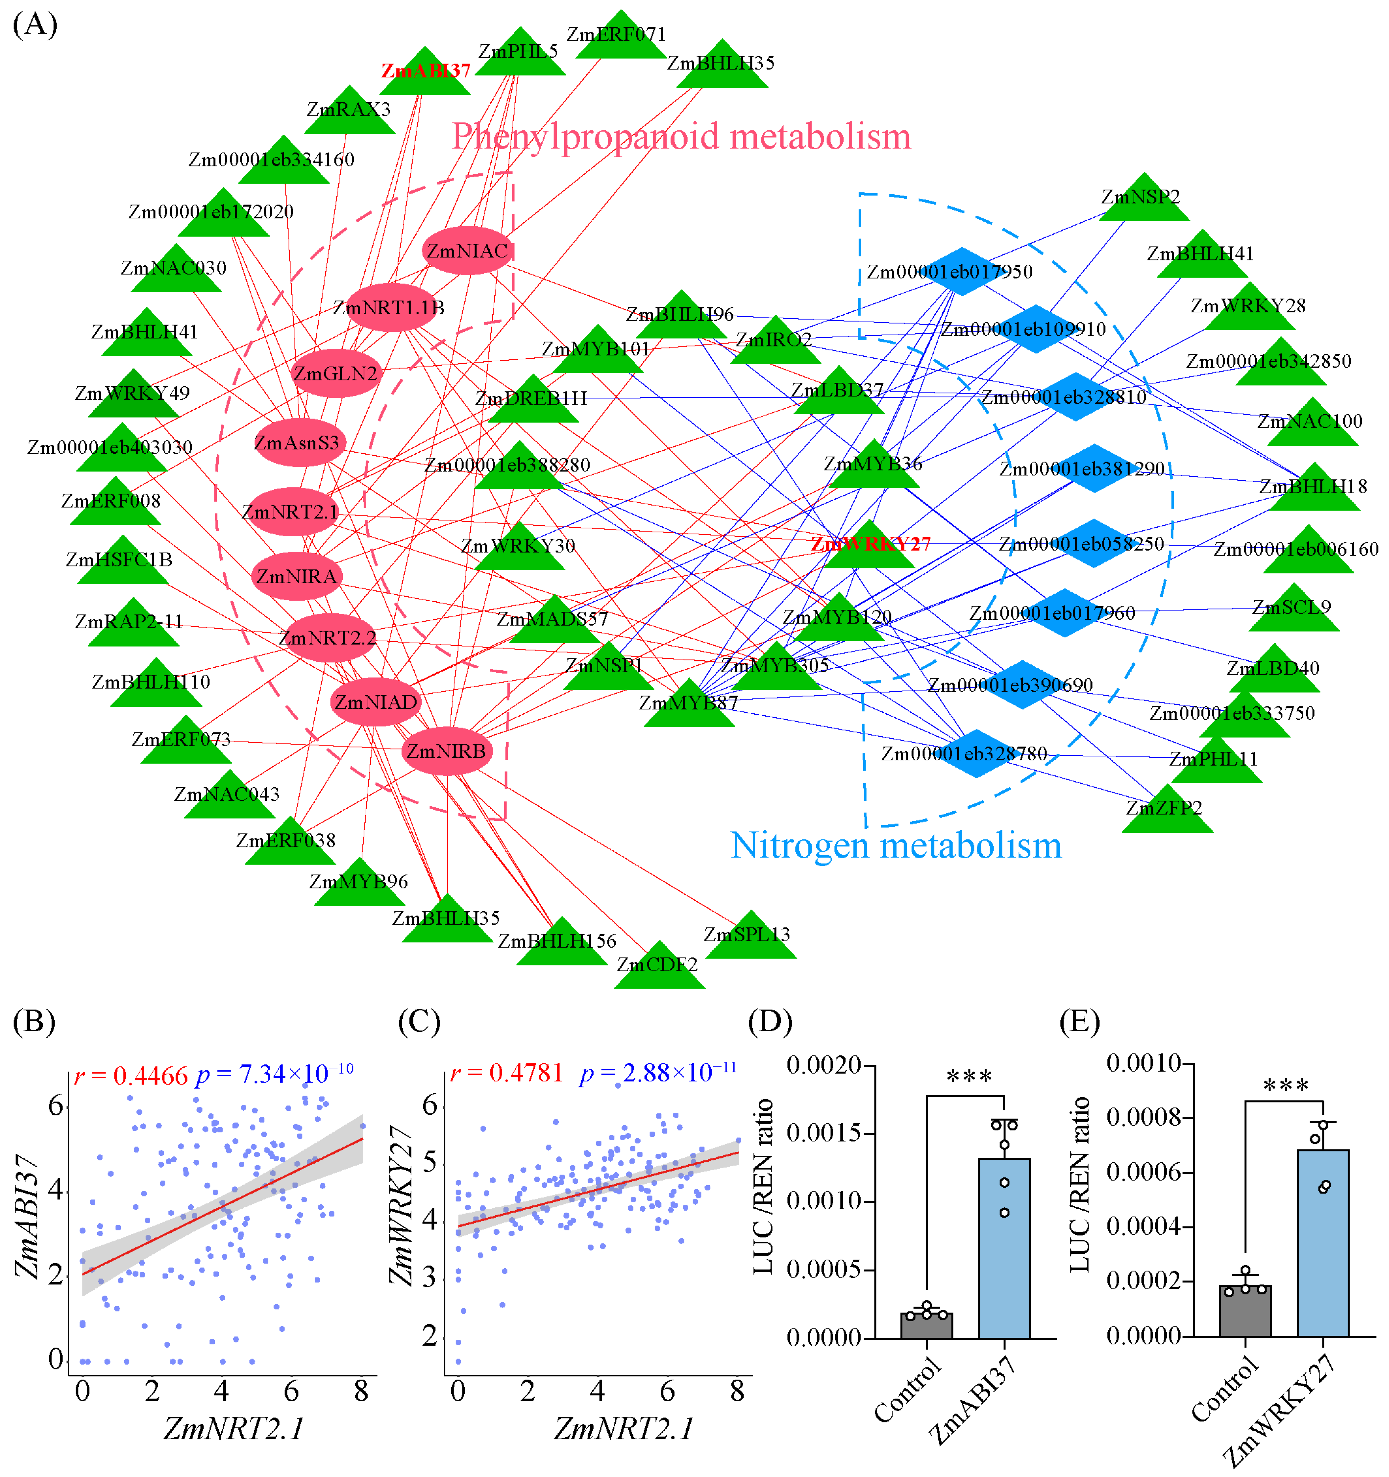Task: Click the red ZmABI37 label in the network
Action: coord(426,71)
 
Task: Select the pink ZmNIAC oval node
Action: coord(467,251)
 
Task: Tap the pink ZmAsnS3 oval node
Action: coord(297,443)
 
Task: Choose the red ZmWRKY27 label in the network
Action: coord(871,544)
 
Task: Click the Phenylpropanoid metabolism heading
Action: coord(681,137)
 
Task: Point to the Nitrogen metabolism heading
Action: coord(896,845)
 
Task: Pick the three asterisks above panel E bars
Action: coord(1286,1086)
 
